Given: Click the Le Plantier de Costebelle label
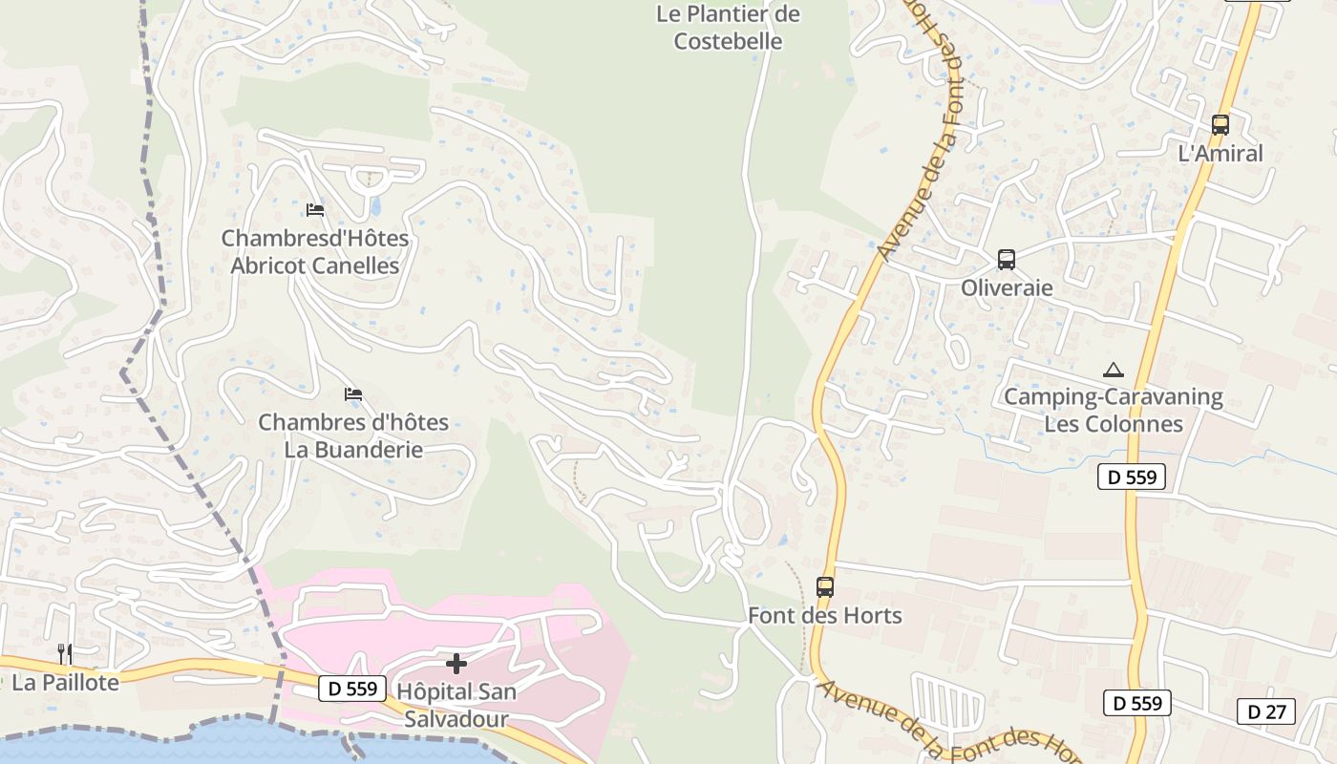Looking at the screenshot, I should click(728, 28).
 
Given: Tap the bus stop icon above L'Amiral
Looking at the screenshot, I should click(1220, 124).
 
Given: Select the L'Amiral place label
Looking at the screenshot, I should click(1220, 153).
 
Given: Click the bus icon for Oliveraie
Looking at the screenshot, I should click(1006, 259).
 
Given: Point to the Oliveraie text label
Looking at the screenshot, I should click(1007, 287).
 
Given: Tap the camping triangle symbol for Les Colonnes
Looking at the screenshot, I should click(1113, 370).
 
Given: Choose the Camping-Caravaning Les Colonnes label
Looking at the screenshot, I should click(1113, 410).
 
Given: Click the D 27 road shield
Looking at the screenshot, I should click(1266, 711).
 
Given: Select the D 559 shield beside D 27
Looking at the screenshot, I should click(1136, 703).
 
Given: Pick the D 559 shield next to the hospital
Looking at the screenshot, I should click(352, 688).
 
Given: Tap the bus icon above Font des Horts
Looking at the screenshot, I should click(825, 587).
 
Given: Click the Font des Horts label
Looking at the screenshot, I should click(825, 615).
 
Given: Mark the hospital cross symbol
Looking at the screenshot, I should click(456, 663).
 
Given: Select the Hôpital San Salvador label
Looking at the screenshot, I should click(456, 704).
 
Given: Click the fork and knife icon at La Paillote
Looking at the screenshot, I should click(65, 654).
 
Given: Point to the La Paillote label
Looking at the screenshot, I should click(65, 682).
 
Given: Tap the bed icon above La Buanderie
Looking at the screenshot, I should click(353, 393).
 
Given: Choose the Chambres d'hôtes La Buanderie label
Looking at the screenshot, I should click(353, 435).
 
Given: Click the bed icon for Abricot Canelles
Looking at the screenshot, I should click(315, 209).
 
